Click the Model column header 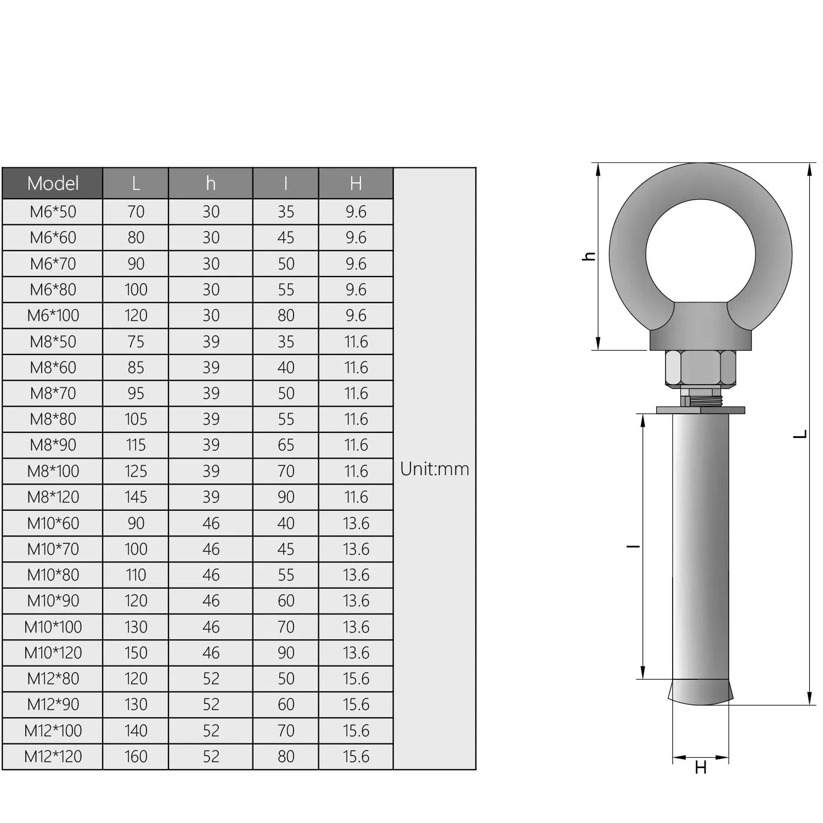53,183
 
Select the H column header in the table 356,183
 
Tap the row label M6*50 53,212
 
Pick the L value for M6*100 136,315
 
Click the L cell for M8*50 136,342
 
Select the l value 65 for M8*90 285,445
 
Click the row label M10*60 53,523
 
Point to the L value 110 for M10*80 136,575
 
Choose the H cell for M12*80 356,679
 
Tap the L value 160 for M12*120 136,757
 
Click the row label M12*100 53,731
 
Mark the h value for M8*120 211,497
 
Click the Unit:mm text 435,469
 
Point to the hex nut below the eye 700,368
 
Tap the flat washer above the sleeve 700,410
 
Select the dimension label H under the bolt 701,768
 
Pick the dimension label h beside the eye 589,256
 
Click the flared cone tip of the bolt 700,692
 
